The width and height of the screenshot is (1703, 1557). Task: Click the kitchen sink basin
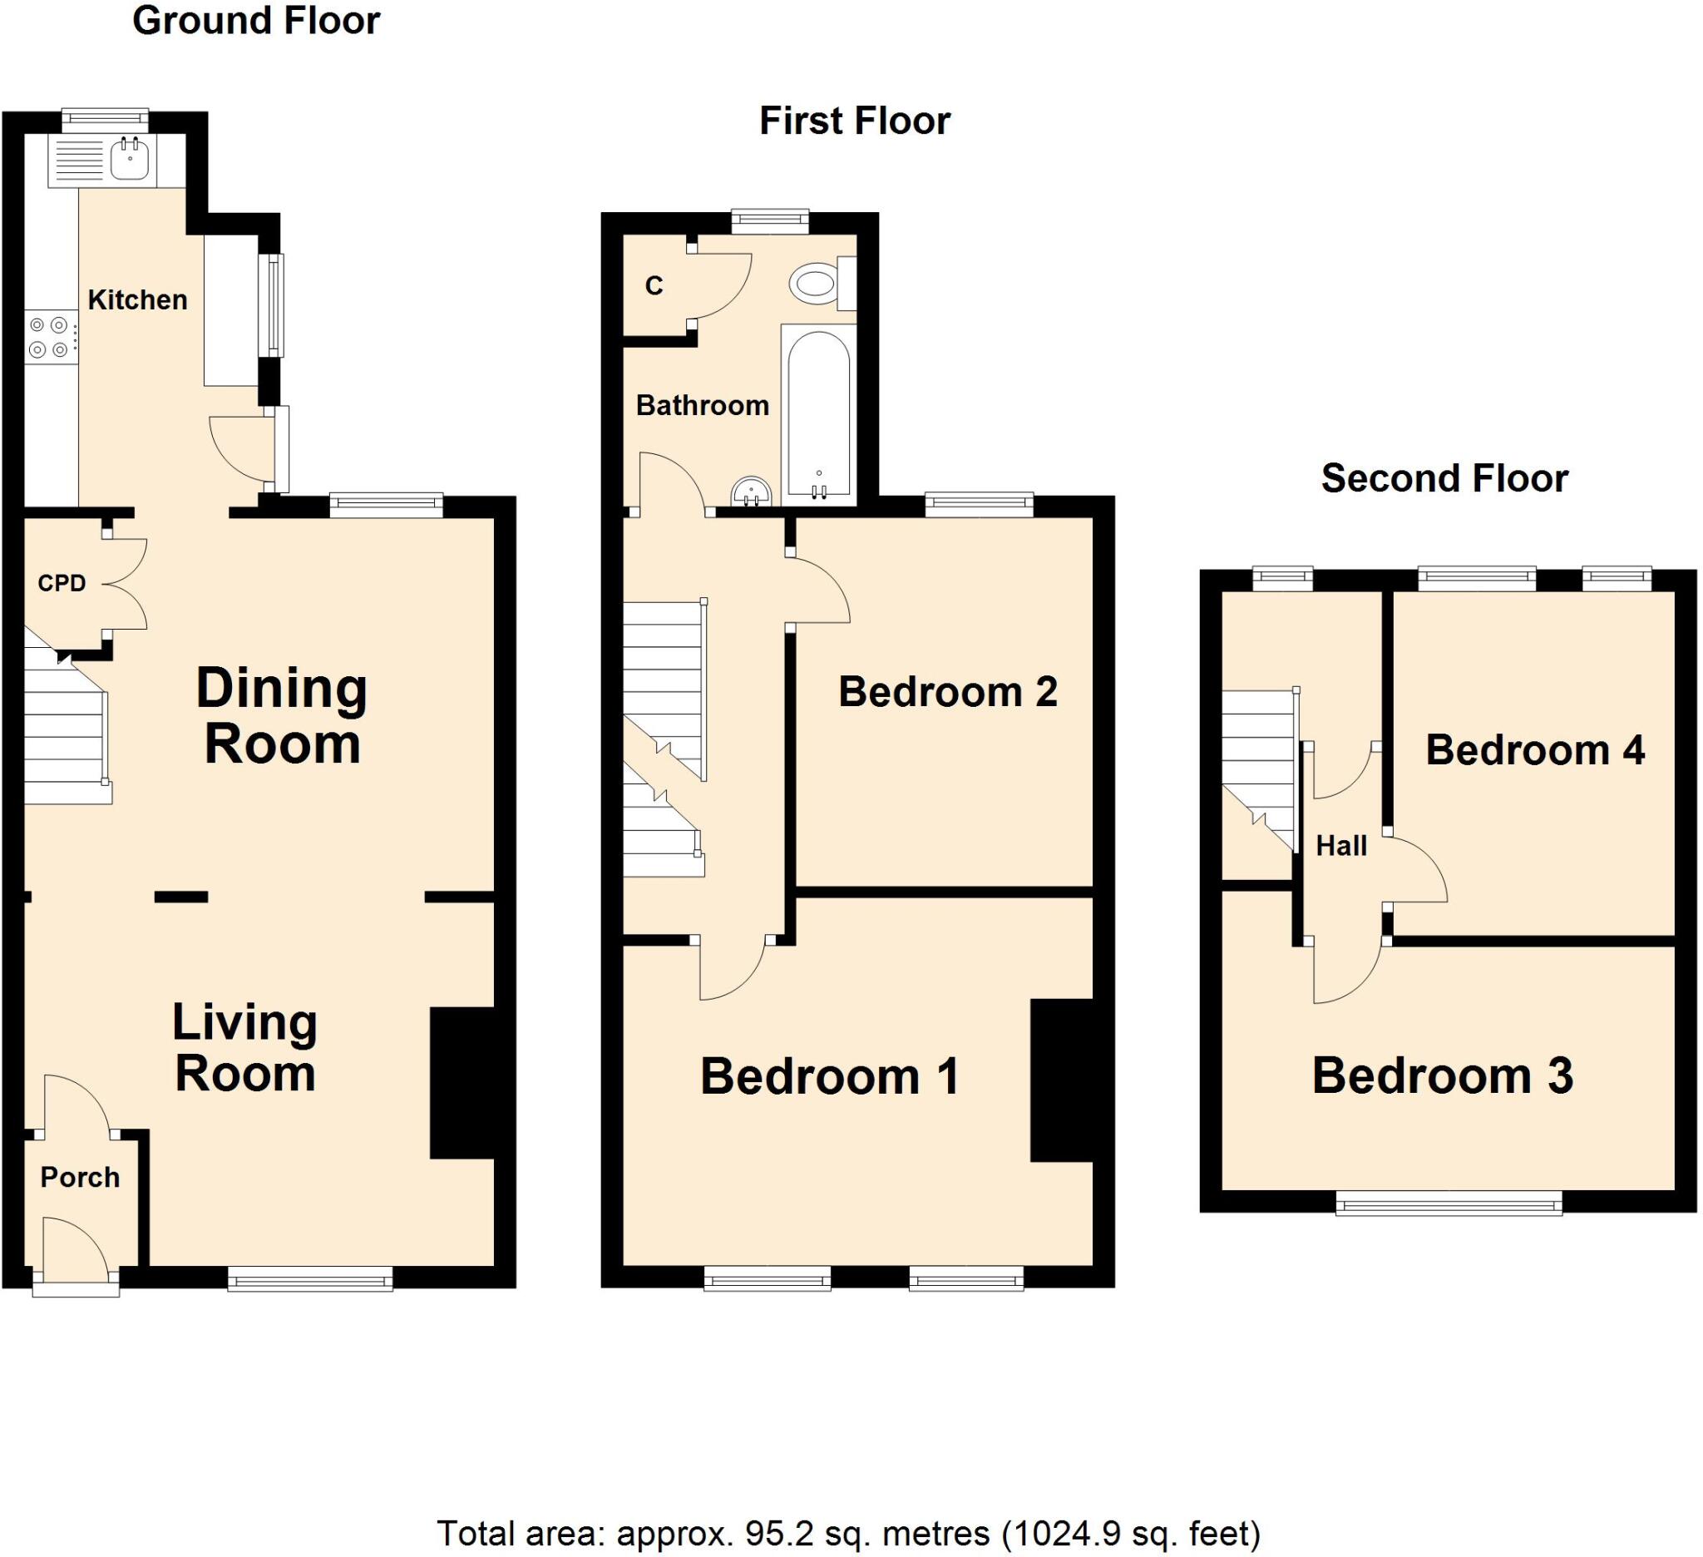click(130, 160)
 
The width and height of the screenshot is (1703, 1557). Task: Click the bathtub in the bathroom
click(818, 413)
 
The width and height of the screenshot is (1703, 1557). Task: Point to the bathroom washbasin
click(751, 492)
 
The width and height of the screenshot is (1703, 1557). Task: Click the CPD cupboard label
click(62, 583)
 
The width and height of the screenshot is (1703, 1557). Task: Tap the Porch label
click(81, 1178)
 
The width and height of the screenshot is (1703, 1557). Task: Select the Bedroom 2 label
click(947, 692)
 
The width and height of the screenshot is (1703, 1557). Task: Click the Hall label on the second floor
click(1340, 846)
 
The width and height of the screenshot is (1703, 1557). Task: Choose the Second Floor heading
click(1444, 478)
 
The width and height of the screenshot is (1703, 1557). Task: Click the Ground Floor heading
click(256, 20)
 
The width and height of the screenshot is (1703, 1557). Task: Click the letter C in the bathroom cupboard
click(654, 286)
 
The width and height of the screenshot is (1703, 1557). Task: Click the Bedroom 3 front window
click(1449, 1203)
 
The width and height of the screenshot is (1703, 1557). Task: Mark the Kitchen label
click(138, 300)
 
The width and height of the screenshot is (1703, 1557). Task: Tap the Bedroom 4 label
click(1535, 750)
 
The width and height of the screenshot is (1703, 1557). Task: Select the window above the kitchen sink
click(105, 119)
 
